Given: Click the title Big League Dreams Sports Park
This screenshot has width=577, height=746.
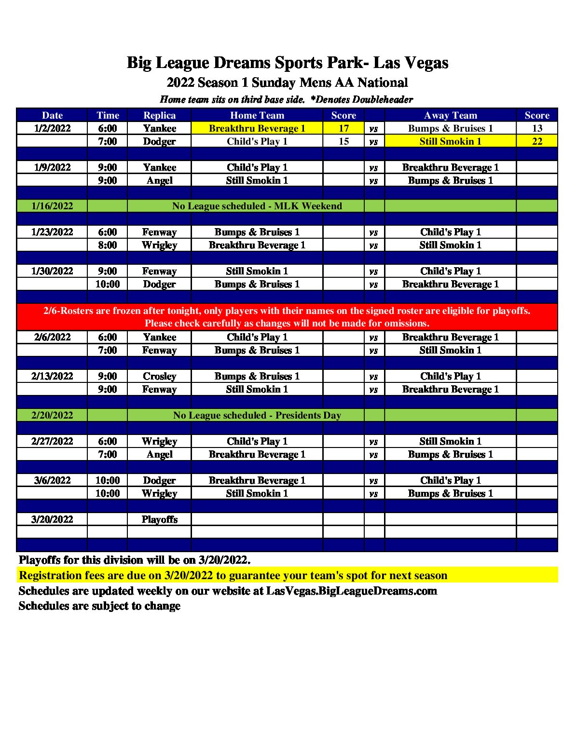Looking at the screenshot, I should pos(288,63).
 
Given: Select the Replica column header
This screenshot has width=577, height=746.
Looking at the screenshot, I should pos(159,115).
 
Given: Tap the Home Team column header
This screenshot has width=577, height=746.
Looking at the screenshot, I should pos(257,115).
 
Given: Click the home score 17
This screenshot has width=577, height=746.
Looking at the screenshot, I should pos(343,128).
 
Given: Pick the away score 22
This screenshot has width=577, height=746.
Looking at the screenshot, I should pos(537,141).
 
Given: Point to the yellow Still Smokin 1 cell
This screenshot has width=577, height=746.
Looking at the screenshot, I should pos(450,141).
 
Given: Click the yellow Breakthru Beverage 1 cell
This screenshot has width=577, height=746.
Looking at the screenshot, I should pos(257,128).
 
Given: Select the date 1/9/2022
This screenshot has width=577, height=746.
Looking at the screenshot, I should pos(52,167).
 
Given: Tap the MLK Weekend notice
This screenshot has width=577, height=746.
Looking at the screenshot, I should pos(257,206).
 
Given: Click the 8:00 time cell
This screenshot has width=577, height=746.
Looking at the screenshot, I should pos(107,245).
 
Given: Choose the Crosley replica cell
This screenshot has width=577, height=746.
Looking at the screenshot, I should pos(159,376).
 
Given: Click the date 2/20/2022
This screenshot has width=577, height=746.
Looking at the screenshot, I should pos(52,415).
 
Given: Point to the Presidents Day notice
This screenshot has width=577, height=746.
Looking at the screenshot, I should pos(257,415).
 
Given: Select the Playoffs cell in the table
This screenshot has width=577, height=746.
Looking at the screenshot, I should pos(159,519).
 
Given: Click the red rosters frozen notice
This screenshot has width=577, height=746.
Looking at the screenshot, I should pos(287,317).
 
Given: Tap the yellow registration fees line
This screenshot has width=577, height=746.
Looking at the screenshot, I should pos(233,575).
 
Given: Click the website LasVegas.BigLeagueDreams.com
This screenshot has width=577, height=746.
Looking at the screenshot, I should pos(352,591).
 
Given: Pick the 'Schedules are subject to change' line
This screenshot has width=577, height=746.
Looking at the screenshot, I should pos(99,606).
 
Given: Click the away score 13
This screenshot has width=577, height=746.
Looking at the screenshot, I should pos(537,128).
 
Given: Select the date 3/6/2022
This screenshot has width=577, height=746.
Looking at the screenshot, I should pos(52,480).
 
